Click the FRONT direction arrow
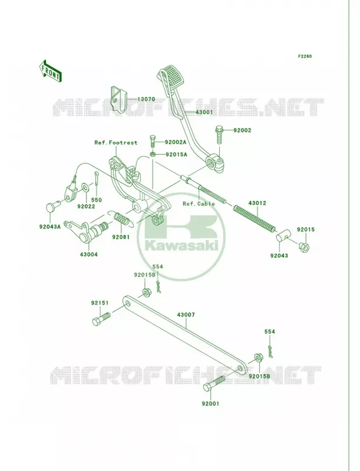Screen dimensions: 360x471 point(50,71)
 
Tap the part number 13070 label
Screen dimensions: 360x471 point(146,99)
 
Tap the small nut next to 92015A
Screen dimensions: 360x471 point(153,154)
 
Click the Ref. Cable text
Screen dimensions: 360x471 point(199,204)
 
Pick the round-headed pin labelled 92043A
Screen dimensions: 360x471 point(52,207)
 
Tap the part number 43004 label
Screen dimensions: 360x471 point(88,254)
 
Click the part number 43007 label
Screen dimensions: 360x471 point(186,315)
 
